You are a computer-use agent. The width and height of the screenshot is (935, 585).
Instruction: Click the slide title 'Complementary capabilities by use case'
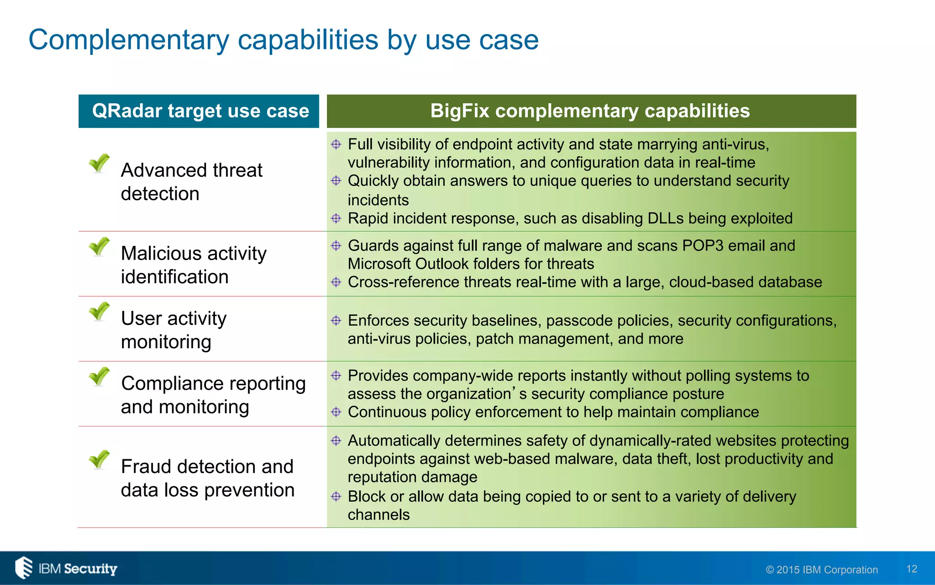click(283, 40)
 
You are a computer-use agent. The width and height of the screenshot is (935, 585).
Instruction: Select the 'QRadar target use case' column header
click(200, 111)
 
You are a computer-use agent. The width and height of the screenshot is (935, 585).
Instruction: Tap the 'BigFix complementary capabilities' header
click(590, 111)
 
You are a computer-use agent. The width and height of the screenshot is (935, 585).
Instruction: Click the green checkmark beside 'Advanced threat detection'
click(99, 163)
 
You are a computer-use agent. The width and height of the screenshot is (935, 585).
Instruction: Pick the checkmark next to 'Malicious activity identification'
click(99, 247)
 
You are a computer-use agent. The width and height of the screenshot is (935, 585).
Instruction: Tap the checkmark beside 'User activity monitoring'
click(99, 312)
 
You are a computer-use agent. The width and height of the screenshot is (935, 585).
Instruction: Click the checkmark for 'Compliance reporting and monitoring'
click(99, 377)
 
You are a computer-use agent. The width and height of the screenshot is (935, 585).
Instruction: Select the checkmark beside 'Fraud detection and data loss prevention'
click(99, 460)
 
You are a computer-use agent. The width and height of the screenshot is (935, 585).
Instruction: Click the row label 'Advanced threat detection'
click(191, 182)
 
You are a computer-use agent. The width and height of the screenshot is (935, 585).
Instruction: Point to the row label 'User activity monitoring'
click(173, 330)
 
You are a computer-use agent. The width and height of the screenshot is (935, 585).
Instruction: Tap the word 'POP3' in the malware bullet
click(703, 246)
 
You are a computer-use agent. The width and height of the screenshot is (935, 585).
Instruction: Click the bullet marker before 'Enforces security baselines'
click(336, 320)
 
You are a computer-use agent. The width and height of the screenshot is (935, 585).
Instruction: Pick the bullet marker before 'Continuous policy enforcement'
click(336, 412)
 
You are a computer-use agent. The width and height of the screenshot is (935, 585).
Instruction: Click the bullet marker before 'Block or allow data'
click(336, 496)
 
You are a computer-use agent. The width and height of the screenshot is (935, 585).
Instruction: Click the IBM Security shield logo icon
click(24, 568)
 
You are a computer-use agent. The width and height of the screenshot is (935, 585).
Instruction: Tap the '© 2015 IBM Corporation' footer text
click(821, 570)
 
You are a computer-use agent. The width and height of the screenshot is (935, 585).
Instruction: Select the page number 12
click(911, 569)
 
